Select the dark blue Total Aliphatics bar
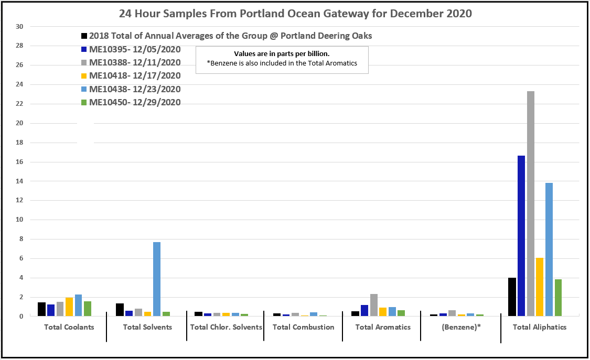pyautogui.click(x=521, y=236)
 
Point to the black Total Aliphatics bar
pyautogui.click(x=512, y=297)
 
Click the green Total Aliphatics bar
pyautogui.click(x=559, y=298)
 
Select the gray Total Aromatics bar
pyautogui.click(x=373, y=305)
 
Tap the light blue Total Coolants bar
pyautogui.click(x=78, y=306)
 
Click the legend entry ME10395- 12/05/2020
pyautogui.click(x=135, y=49)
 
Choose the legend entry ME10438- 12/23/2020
pyautogui.click(x=135, y=89)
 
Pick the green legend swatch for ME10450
pyautogui.click(x=84, y=103)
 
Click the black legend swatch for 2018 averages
pyautogui.click(x=84, y=36)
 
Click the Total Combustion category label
pyautogui.click(x=303, y=327)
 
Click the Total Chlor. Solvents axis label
pyautogui.click(x=226, y=327)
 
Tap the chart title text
pyautogui.click(x=295, y=14)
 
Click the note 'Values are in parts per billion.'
pyautogui.click(x=282, y=53)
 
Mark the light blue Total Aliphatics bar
pyautogui.click(x=549, y=249)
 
